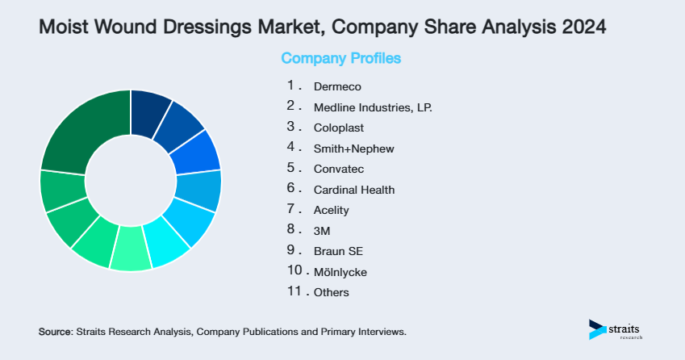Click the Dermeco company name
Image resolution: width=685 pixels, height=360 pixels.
pyautogui.click(x=337, y=86)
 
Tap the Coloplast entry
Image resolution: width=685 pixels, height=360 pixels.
pyautogui.click(x=339, y=128)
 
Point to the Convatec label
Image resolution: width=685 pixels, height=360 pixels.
pyautogui.click(x=338, y=170)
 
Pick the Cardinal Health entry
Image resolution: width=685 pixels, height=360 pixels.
pyautogui.click(x=354, y=190)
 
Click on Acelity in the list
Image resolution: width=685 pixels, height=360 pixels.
pyautogui.click(x=331, y=211)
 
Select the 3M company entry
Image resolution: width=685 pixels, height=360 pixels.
pyautogui.click(x=322, y=232)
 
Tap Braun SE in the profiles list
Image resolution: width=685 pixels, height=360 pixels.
pyautogui.click(x=338, y=252)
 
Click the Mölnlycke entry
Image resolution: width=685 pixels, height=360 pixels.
pyautogui.click(x=340, y=273)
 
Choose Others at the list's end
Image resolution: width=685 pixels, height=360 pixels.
pyautogui.click(x=332, y=293)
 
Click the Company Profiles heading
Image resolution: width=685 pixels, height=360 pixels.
pyautogui.click(x=340, y=59)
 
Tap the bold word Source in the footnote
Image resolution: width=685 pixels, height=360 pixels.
pyautogui.click(x=55, y=332)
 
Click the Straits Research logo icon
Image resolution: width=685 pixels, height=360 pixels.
pyautogui.click(x=597, y=329)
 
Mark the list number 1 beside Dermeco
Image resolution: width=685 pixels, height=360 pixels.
pyautogui.click(x=290, y=85)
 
